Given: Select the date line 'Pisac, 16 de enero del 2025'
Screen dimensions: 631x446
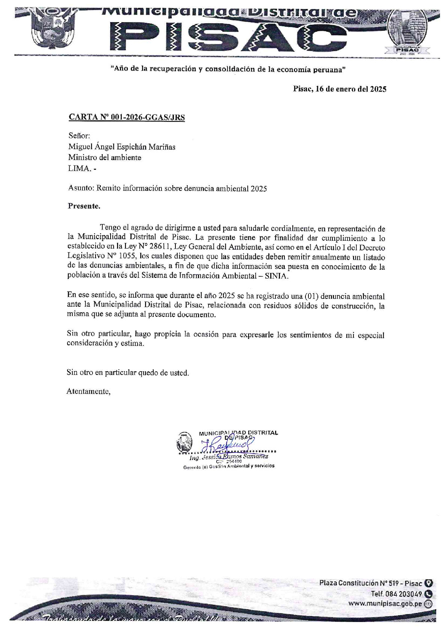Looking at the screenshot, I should [x=340, y=89].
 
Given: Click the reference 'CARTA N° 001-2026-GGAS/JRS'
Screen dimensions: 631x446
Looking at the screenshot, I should [x=127, y=117].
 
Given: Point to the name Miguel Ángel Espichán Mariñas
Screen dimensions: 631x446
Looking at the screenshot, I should [x=122, y=147].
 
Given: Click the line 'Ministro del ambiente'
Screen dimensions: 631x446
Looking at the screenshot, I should [x=105, y=157].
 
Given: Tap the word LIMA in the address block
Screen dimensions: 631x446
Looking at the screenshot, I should [x=79, y=168].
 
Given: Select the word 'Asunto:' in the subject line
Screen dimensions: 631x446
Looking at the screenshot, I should [x=81, y=188].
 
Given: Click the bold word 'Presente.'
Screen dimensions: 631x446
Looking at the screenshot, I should [x=84, y=206].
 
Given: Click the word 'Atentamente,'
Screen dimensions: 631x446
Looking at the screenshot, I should [x=88, y=391].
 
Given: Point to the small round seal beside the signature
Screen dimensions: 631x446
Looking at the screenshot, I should [x=184, y=443].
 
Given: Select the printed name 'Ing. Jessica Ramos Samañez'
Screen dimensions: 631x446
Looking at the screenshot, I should [x=229, y=457].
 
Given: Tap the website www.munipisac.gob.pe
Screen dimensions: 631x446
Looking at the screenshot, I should [x=385, y=604].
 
